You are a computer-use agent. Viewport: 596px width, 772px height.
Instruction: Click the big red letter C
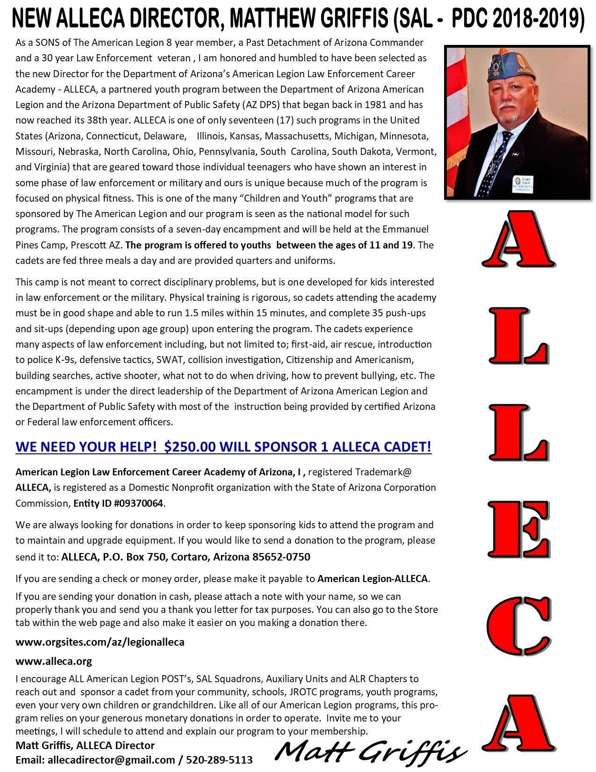tap(518, 625)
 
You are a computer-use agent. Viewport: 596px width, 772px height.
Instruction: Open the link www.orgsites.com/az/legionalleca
tap(100, 642)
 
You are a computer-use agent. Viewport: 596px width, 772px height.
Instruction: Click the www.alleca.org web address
tap(54, 661)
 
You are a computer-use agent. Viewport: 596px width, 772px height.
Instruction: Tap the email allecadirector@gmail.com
tap(111, 759)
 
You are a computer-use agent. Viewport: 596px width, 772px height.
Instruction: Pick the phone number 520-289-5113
tap(219, 759)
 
